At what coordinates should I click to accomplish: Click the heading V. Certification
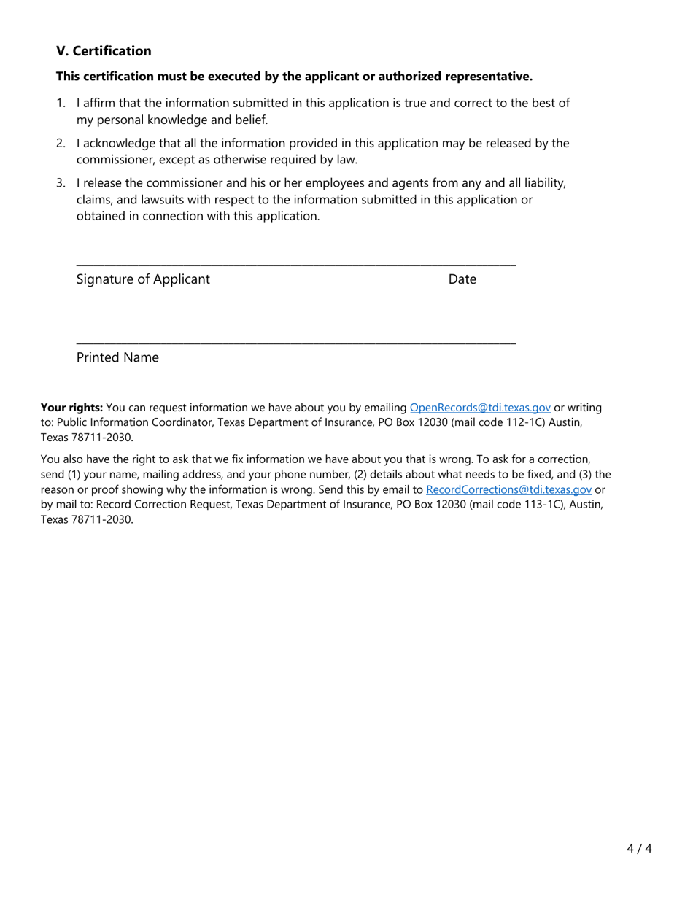pyautogui.click(x=104, y=51)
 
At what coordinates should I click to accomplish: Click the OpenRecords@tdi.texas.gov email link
pyautogui.click(x=480, y=408)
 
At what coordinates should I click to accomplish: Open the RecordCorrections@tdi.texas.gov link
pyautogui.click(x=508, y=490)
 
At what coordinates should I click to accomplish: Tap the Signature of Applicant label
pyautogui.click(x=143, y=279)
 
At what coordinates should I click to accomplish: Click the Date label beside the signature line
pyautogui.click(x=462, y=279)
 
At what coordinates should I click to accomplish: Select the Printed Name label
pyautogui.click(x=117, y=357)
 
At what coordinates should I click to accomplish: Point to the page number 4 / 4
pyautogui.click(x=638, y=848)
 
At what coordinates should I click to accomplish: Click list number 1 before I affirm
pyautogui.click(x=61, y=104)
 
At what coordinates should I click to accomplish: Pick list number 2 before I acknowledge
pyautogui.click(x=61, y=144)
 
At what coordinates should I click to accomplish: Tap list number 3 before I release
pyautogui.click(x=61, y=183)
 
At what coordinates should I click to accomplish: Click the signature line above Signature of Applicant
pyautogui.click(x=296, y=264)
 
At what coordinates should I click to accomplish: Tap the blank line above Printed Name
pyautogui.click(x=296, y=342)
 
